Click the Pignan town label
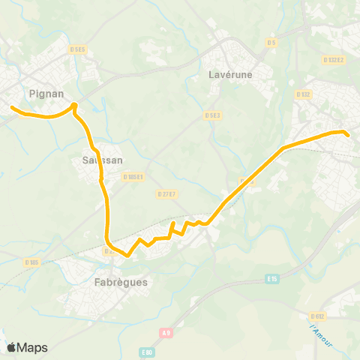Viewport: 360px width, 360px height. point(46,94)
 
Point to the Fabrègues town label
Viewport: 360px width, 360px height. point(121,283)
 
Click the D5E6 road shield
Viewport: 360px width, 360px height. point(78,49)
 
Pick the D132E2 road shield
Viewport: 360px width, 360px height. point(333,60)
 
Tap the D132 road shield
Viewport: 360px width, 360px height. point(303,94)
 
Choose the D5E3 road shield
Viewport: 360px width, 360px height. point(213,115)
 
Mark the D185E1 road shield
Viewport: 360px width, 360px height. point(133,177)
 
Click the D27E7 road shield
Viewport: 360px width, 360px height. point(166,193)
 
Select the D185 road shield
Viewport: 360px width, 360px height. point(31,262)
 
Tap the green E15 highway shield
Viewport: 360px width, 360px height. point(272,279)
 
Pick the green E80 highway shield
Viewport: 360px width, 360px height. point(146,351)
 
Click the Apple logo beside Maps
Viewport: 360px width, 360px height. point(12,347)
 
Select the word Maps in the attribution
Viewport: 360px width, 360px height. point(32,347)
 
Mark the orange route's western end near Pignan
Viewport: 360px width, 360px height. point(12,108)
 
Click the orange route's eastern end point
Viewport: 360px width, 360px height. point(348,134)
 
